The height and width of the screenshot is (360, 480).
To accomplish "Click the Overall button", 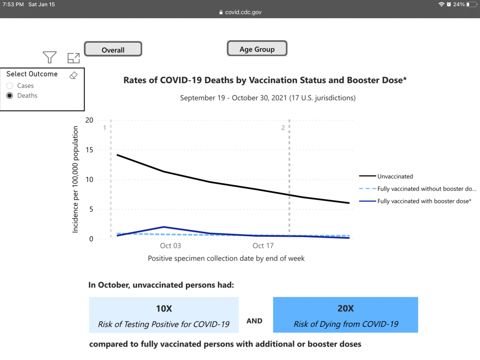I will (113, 49).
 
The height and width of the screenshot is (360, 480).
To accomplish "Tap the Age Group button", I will (257, 49).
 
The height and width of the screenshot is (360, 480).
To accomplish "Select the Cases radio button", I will (10, 86).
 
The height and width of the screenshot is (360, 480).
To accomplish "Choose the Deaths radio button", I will (10, 96).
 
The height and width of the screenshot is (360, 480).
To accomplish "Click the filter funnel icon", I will (49, 58).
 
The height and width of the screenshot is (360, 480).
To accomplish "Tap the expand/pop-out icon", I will (73, 58).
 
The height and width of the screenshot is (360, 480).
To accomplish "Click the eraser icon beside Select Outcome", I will (73, 75).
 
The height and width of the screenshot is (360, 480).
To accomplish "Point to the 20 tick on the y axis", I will (89, 120).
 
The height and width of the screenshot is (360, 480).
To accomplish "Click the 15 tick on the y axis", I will (89, 150).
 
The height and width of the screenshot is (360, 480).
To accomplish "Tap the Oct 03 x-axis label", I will (170, 246).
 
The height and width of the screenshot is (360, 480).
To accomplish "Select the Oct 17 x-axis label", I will (263, 246).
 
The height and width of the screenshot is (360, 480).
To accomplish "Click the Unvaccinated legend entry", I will (395, 177).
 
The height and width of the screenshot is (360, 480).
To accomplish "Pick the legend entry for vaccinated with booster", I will (424, 201).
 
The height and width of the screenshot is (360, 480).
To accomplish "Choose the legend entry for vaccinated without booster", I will (427, 189).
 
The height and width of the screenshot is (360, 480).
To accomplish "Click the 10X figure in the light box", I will (164, 309).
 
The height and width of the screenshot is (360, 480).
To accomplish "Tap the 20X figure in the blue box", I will (346, 309).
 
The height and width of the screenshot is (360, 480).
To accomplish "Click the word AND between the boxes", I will (254, 321).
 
